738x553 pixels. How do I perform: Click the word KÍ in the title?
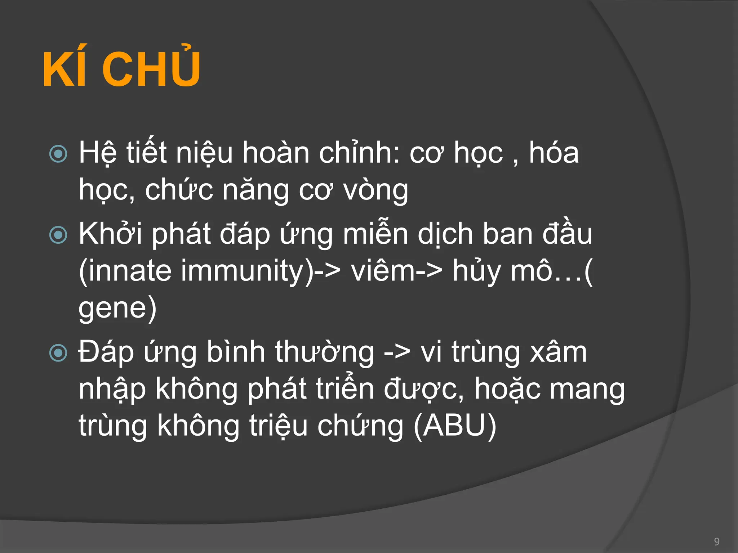65,69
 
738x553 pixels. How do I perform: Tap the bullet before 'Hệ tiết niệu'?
58,154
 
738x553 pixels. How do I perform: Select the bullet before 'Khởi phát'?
58,235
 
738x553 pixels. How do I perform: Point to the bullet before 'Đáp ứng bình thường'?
58,353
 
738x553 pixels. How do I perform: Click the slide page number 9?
717,541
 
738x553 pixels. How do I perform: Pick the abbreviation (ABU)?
455,426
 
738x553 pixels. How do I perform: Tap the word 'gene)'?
117,308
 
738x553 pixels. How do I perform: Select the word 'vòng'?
376,190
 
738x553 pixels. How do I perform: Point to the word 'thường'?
324,352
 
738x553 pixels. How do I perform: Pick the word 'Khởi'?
110,234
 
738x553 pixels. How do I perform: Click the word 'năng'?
255,190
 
